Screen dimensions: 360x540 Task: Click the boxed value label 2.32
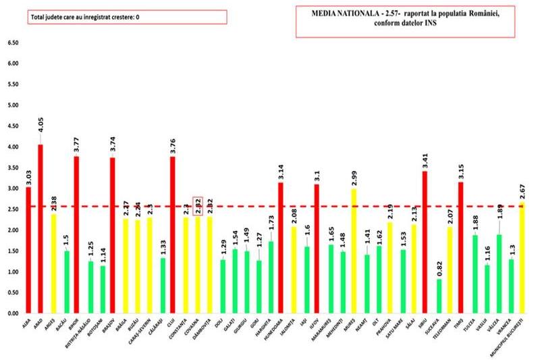click(x=198, y=205)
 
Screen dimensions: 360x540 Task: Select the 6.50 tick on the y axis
click(x=12, y=43)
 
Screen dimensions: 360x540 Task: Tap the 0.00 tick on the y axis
click(x=12, y=313)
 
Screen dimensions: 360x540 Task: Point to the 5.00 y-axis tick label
click(x=12, y=105)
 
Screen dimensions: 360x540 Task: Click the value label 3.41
click(x=425, y=160)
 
